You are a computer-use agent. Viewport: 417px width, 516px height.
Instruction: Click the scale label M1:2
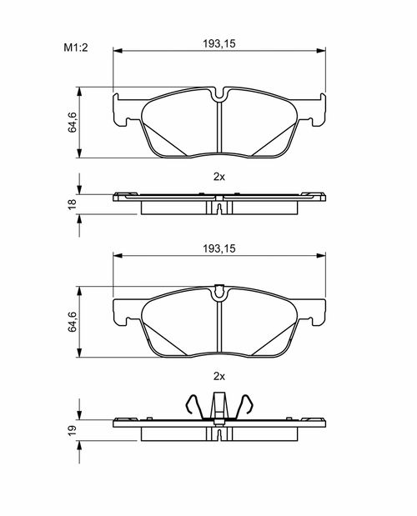pyautogui.click(x=76, y=48)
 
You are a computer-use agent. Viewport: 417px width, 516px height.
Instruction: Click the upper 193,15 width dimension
pyautogui.click(x=219, y=43)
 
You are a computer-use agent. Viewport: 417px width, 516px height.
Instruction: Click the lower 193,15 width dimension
pyautogui.click(x=219, y=248)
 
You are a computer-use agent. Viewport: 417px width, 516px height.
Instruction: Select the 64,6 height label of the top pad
pyautogui.click(x=73, y=123)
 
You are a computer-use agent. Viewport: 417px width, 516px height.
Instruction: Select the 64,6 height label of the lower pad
pyautogui.click(x=73, y=322)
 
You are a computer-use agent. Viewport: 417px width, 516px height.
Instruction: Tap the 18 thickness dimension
pyautogui.click(x=72, y=204)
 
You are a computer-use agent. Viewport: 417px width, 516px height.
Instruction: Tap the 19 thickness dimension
pyautogui.click(x=72, y=430)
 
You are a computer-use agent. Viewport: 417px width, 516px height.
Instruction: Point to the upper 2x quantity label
pyautogui.click(x=219, y=177)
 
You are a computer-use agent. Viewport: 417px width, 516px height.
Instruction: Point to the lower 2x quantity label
pyautogui.click(x=219, y=376)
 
